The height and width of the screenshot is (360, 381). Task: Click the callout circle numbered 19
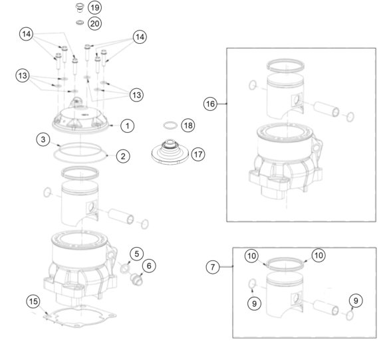pyautogui.click(x=94, y=7)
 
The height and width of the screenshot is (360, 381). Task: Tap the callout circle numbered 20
pyautogui.click(x=94, y=23)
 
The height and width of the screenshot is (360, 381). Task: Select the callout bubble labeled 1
pyautogui.click(x=127, y=126)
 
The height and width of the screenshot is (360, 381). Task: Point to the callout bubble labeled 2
pyautogui.click(x=123, y=156)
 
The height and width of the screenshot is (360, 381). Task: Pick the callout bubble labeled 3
pyautogui.click(x=43, y=139)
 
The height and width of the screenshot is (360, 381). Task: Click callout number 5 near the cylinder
pyautogui.click(x=136, y=254)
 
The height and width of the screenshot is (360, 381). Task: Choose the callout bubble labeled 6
pyautogui.click(x=149, y=266)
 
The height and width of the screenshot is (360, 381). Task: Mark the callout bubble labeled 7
pyautogui.click(x=213, y=267)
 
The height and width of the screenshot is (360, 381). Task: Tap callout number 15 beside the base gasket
pyautogui.click(x=33, y=302)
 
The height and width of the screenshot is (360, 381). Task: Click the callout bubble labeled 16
pyautogui.click(x=210, y=104)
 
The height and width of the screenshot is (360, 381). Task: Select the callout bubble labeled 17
pyautogui.click(x=198, y=154)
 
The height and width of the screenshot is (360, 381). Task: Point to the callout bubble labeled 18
pyautogui.click(x=188, y=126)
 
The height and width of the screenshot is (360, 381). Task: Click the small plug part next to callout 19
pyautogui.click(x=79, y=7)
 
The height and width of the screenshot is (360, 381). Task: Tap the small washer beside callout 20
pyautogui.click(x=80, y=23)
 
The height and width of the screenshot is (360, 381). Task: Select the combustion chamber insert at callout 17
pyautogui.click(x=170, y=153)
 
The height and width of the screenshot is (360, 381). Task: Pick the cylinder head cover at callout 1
pyautogui.click(x=80, y=116)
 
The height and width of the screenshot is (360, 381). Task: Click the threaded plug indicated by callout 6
pyautogui.click(x=136, y=279)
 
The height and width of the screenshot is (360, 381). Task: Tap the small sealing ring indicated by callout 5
pyautogui.click(x=125, y=269)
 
